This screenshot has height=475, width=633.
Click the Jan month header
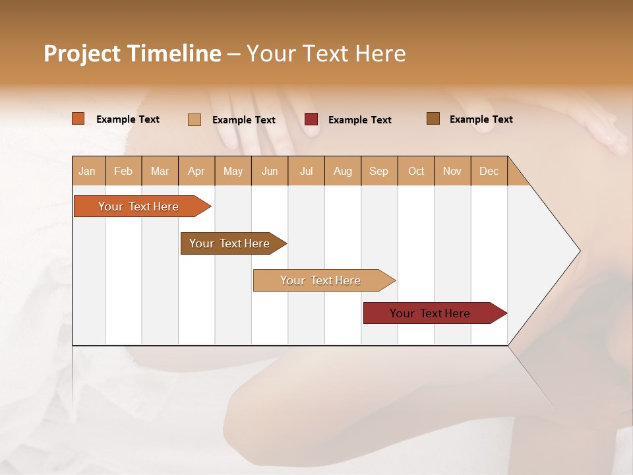[x=88, y=171]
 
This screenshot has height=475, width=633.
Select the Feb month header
[x=123, y=171]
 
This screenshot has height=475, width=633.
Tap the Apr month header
[x=196, y=171]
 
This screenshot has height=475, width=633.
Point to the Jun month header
[x=270, y=171]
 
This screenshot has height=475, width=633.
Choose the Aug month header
[x=343, y=171]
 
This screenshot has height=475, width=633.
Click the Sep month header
[x=379, y=171]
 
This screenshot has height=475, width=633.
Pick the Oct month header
[x=416, y=171]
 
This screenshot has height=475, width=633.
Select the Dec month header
[x=489, y=171]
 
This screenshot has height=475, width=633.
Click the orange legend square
[x=78, y=119]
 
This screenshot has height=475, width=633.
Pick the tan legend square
[x=195, y=119]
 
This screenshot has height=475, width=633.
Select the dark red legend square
[x=311, y=119]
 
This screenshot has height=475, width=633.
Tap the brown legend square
[x=433, y=119]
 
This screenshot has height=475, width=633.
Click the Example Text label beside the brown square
[x=481, y=119]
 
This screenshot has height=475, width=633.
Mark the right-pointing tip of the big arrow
[x=578, y=251]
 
